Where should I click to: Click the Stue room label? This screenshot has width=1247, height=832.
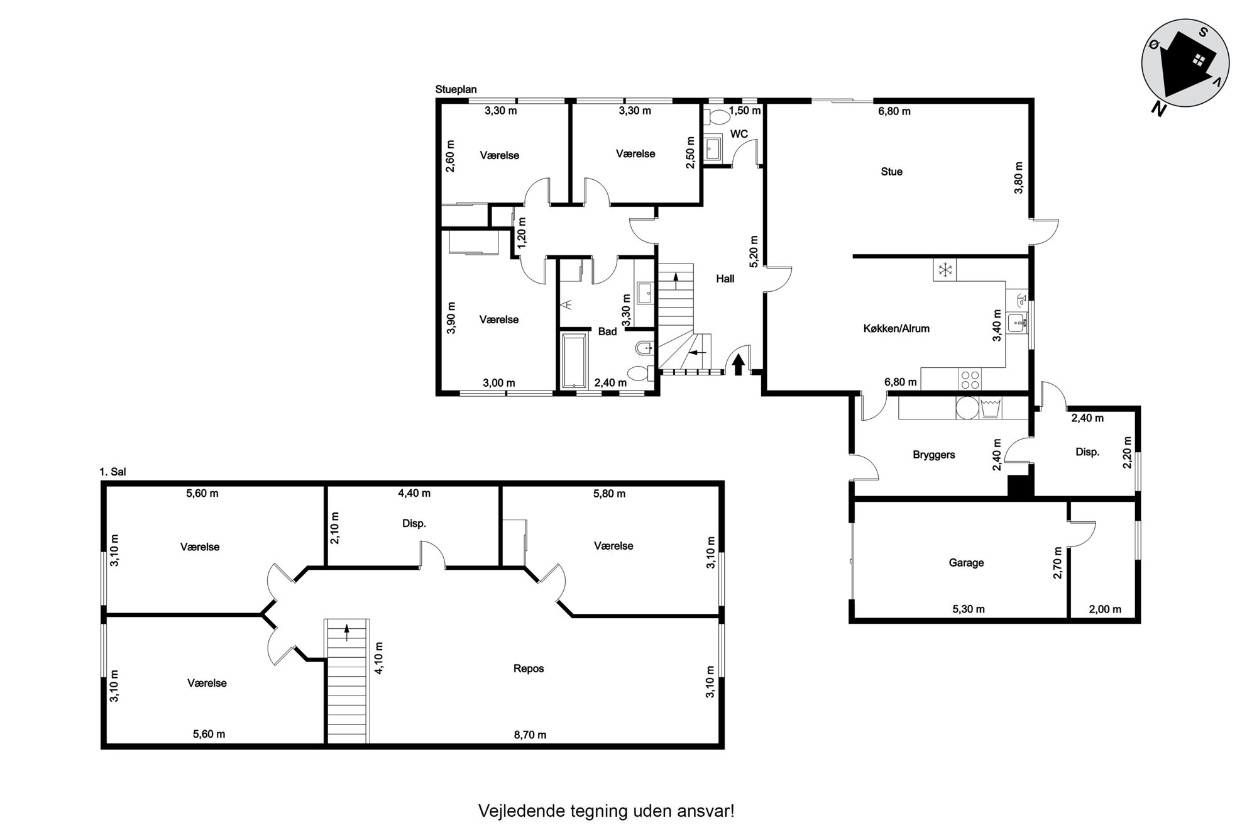tap(891, 172)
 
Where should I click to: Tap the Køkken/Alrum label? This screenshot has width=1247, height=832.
tap(896, 328)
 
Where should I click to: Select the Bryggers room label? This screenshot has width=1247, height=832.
tap(934, 455)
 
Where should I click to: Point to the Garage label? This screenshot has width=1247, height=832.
tap(966, 563)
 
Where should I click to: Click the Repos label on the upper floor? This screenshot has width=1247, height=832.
tap(529, 668)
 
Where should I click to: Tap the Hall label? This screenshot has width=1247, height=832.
tap(725, 279)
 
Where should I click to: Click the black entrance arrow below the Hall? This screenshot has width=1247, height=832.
tap(739, 365)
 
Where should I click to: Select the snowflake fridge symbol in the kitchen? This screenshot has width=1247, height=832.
tap(944, 270)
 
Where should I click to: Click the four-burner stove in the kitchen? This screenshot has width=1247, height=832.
tap(970, 379)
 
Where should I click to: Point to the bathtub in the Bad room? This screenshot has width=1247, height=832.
tap(575, 361)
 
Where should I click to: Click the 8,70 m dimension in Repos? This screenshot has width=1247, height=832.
tap(530, 735)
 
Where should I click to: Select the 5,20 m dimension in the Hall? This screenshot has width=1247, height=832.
tap(754, 248)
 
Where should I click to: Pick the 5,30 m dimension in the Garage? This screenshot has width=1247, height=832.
tap(969, 609)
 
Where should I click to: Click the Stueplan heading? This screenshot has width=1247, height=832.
tap(456, 90)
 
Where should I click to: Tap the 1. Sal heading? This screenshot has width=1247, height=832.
tap(113, 472)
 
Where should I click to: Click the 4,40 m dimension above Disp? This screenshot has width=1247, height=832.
tap(414, 494)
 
